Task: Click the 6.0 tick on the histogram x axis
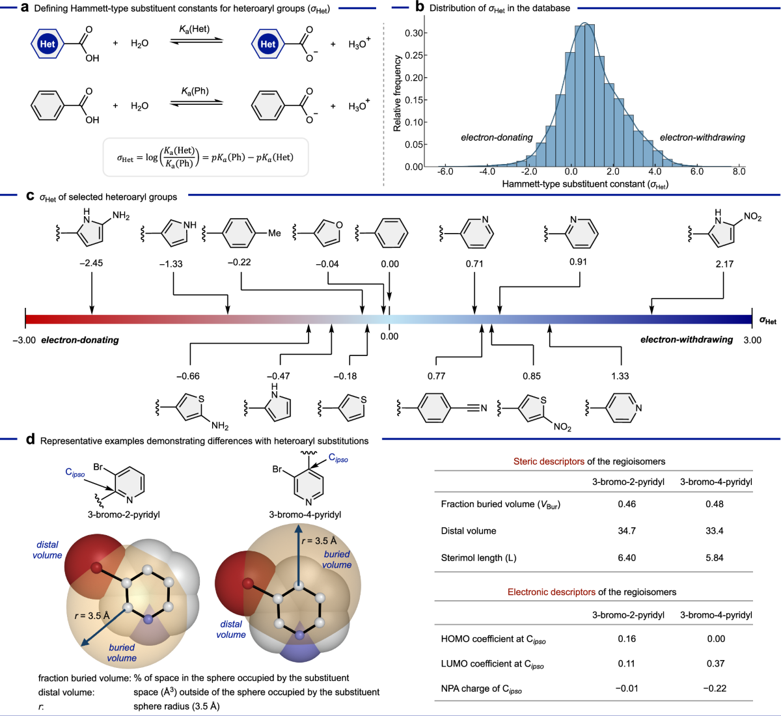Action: coord(696,172)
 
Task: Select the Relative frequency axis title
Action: coord(397,93)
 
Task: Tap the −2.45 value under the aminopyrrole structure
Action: coord(91,264)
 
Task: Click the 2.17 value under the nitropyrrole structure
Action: coord(724,264)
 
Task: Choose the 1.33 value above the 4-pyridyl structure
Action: coord(620,376)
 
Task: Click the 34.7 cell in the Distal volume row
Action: coord(627,531)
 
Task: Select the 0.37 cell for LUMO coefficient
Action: coord(716,663)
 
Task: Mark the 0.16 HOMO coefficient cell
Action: coord(627,639)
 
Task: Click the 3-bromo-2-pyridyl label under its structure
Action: coord(124,514)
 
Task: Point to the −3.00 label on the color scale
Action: coord(24,340)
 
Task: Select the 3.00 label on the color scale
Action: coord(752,340)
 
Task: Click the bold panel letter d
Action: coord(30,439)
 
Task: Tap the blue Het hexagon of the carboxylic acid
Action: coord(48,44)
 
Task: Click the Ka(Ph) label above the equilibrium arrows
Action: coord(195,90)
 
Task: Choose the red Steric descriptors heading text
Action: coord(549,461)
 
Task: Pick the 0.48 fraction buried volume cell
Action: coord(715,504)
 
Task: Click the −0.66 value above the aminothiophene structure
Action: coord(188,376)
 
